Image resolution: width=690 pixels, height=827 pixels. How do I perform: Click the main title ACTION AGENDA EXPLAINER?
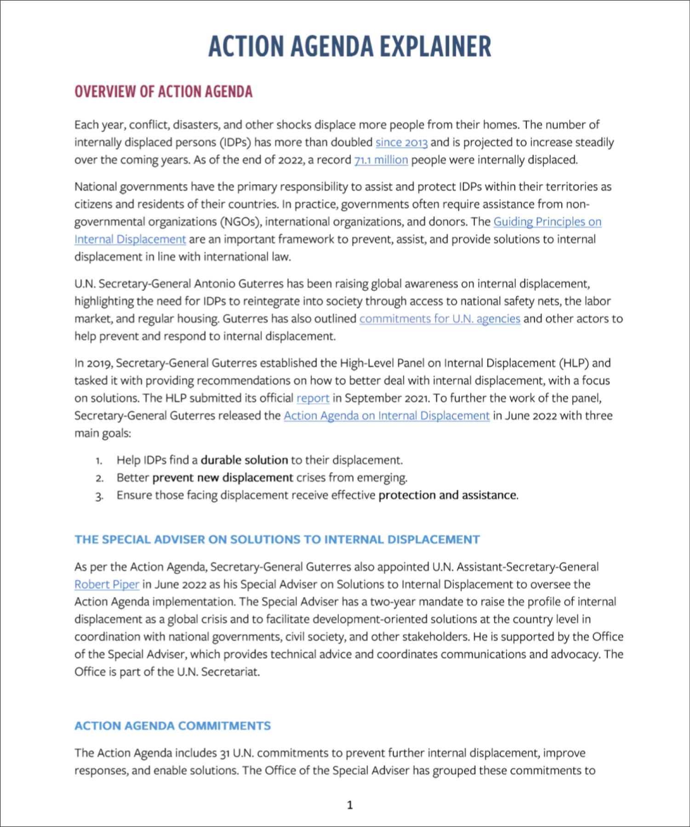point(349,46)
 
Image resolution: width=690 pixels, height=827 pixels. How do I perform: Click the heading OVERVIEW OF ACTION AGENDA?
point(163,92)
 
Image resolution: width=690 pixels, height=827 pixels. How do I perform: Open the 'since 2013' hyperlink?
point(401,143)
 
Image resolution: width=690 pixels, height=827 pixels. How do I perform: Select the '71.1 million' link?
point(381,160)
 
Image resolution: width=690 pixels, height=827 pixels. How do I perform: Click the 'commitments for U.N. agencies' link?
point(439,319)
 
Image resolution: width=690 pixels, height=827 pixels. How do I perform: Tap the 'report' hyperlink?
point(313,398)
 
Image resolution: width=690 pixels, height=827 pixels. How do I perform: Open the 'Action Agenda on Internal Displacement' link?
point(386,416)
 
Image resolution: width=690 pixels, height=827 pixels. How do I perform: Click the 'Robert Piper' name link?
point(107,584)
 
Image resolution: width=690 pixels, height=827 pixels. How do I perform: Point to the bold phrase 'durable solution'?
point(244,460)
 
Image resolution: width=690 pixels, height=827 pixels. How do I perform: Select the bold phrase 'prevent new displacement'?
point(222,478)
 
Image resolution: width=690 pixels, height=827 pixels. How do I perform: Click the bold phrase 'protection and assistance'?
point(447,495)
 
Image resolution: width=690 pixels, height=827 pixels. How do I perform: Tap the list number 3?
point(99,496)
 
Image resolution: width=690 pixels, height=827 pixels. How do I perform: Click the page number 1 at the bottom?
point(350,805)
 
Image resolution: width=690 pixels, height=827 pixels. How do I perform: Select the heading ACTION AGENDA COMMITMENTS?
point(172,726)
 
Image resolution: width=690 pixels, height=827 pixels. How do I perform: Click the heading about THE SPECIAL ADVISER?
point(277,539)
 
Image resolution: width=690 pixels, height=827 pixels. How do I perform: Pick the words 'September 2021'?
point(386,398)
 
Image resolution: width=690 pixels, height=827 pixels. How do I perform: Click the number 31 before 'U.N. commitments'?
point(224,753)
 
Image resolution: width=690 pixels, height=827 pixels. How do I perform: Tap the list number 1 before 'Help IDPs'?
point(99,461)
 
